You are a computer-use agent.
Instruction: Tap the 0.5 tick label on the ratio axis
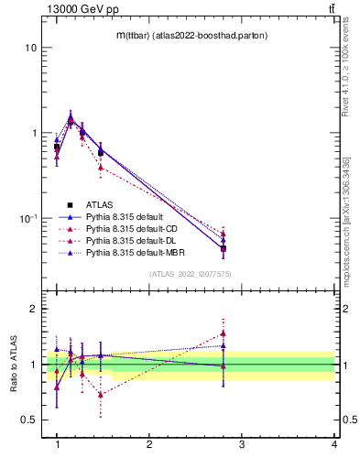tap(27, 420)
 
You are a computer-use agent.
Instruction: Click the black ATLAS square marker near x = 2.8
tap(224, 248)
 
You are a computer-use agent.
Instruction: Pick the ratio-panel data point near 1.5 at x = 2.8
tap(224, 333)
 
